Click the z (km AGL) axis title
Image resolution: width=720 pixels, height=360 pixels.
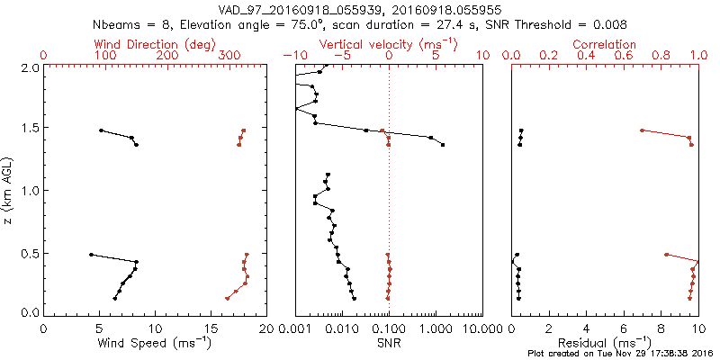click(x=10, y=189)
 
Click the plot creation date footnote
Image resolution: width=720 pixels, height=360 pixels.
click(x=620, y=354)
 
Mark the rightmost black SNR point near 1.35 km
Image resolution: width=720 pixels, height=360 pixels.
click(x=443, y=144)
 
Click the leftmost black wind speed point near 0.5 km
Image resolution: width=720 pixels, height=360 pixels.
click(x=91, y=255)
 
